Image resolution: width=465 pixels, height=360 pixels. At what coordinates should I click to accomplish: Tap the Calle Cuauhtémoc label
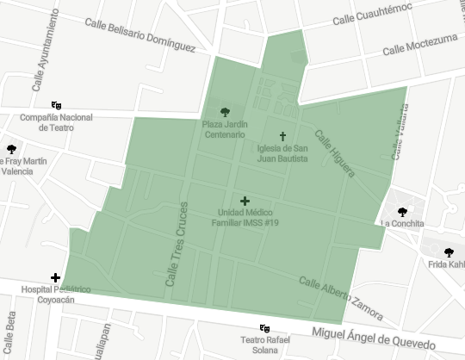[372, 15]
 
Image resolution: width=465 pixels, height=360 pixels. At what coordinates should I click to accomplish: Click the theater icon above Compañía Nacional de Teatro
[57, 105]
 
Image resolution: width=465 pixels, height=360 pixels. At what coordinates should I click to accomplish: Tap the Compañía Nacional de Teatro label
[57, 121]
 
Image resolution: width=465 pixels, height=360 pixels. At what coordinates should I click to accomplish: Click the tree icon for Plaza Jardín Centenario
[225, 111]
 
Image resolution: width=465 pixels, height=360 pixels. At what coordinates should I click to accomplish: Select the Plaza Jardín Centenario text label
[225, 129]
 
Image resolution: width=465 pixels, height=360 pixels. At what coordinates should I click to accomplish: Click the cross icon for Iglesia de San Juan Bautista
[282, 136]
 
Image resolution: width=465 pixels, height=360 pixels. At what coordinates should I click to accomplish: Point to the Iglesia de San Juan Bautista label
[282, 152]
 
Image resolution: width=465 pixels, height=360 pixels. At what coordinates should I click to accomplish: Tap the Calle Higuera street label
[334, 152]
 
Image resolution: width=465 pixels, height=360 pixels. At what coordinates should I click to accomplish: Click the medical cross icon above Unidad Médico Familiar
[245, 201]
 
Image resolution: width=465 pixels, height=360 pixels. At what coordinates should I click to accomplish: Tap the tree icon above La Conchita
[401, 211]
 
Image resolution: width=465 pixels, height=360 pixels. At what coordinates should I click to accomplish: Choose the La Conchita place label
[401, 223]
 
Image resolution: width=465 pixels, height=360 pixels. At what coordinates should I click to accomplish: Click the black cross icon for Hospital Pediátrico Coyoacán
[56, 277]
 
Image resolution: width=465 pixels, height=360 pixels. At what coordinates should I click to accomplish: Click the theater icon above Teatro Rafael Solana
[265, 328]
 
